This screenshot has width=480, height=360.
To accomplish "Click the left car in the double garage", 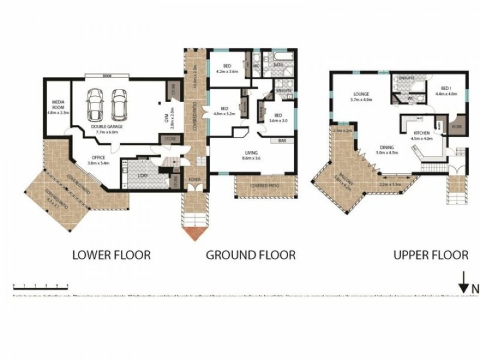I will point(95,104).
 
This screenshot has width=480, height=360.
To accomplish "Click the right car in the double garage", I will point(119,104).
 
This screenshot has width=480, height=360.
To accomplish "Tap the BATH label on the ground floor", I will point(280,64).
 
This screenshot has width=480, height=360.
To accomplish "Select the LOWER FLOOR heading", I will point(111,255).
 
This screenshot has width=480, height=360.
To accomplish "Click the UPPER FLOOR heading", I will point(430,255).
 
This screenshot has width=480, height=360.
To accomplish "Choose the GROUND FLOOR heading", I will point(251,255).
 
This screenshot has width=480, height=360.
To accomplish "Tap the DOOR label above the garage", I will point(107,76).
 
